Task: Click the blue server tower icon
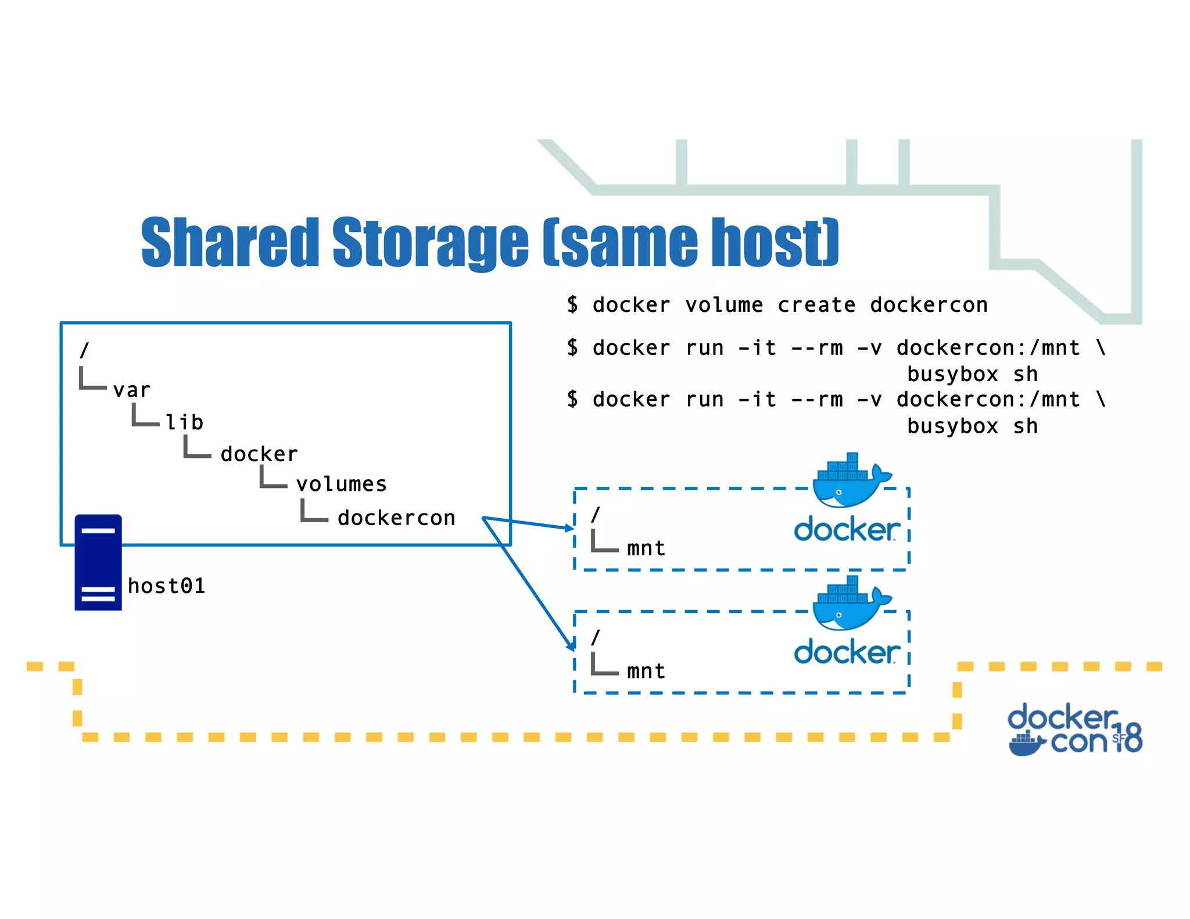[98, 562]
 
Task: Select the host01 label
[166, 586]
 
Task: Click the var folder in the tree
[132, 390]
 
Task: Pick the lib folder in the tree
[184, 422]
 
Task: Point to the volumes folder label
[341, 484]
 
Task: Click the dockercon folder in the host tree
[396, 518]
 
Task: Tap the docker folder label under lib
[259, 454]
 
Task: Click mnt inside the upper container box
[646, 548]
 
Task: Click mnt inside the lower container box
[646, 671]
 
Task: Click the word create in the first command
[816, 304]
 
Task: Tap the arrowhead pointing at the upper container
[569, 527]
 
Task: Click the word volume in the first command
[724, 304]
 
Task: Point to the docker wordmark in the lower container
[847, 652]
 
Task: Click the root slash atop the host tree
[85, 350]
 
